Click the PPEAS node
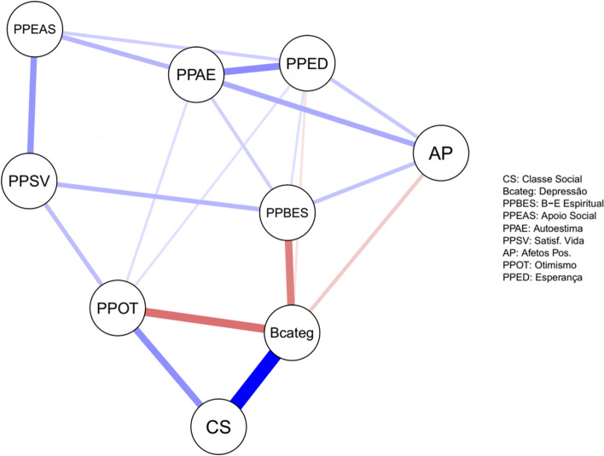(35, 31)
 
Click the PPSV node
(30, 181)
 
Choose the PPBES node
(287, 211)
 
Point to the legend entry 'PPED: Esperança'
(547, 279)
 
